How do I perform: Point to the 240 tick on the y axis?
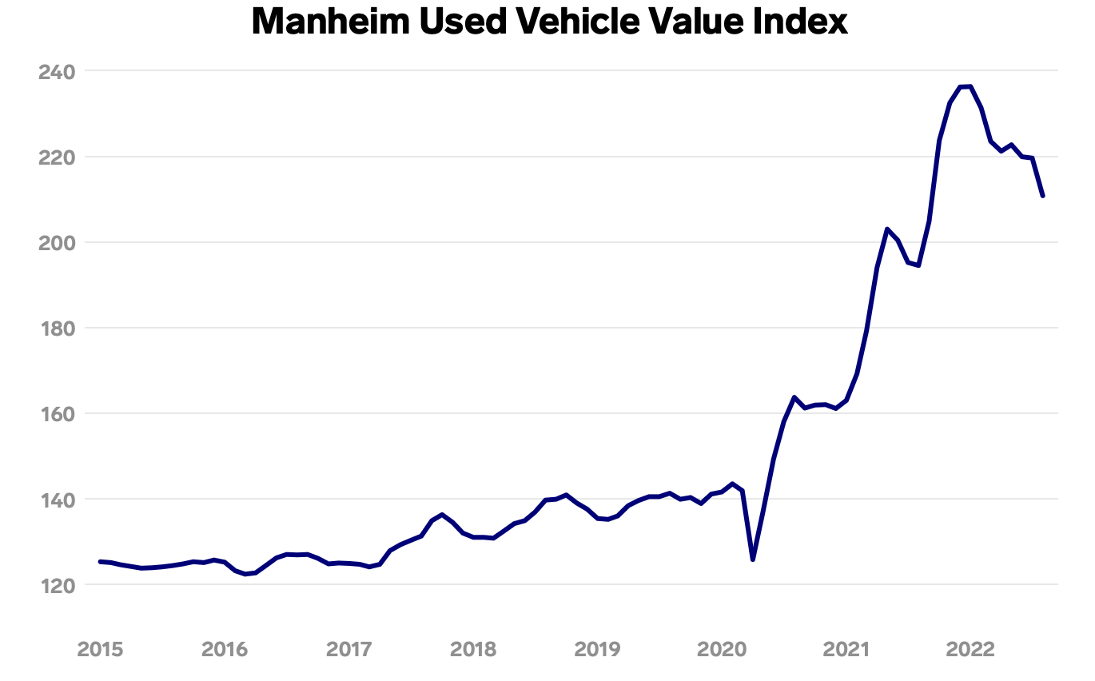(x=57, y=72)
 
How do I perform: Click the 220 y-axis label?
(x=57, y=157)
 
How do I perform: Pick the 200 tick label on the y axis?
(x=57, y=243)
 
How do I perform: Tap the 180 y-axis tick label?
(x=57, y=329)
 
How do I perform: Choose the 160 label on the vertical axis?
(x=57, y=414)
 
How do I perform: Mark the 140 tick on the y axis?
(x=57, y=500)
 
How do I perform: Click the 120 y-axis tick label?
(x=57, y=585)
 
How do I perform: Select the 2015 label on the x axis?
(x=100, y=649)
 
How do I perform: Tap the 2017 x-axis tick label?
(x=348, y=649)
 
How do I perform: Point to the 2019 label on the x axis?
(x=597, y=649)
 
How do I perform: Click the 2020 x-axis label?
(x=721, y=649)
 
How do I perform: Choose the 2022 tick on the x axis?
(x=970, y=649)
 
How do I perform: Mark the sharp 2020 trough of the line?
(x=753, y=560)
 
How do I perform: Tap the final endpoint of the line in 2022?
(x=1043, y=196)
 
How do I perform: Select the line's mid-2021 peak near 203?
(x=887, y=229)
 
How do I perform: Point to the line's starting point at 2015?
(x=100, y=562)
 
